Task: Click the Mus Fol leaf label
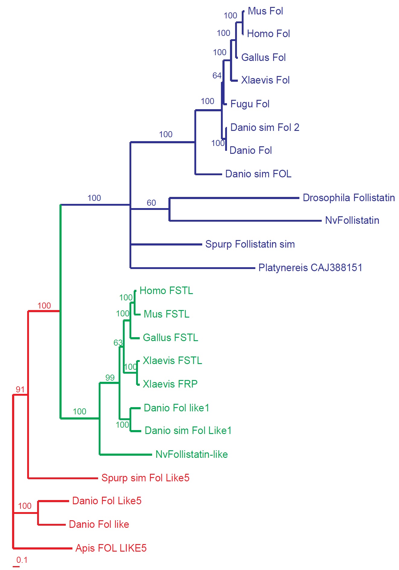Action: [x=265, y=11]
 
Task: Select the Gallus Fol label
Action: [x=263, y=57]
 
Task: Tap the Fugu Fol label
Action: [x=250, y=104]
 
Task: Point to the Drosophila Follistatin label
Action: [x=349, y=198]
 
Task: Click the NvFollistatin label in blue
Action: [x=352, y=220]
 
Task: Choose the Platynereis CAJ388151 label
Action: [x=310, y=268]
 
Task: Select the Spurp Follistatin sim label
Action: [x=250, y=244]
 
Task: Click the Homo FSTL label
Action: [x=166, y=291]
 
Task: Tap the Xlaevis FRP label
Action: [x=170, y=384]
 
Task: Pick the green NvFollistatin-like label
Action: [x=192, y=454]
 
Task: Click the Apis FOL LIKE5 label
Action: [x=111, y=548]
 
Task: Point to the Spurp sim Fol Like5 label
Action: [x=145, y=478]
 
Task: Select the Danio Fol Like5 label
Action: [x=107, y=501]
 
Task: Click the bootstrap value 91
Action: [x=20, y=390]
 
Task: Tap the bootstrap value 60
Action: [x=152, y=203]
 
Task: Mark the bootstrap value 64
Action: [x=217, y=76]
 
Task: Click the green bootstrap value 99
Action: [x=110, y=378]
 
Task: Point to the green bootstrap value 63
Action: [x=118, y=343]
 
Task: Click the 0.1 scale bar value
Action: [x=22, y=560]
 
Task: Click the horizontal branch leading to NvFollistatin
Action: [x=245, y=221]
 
